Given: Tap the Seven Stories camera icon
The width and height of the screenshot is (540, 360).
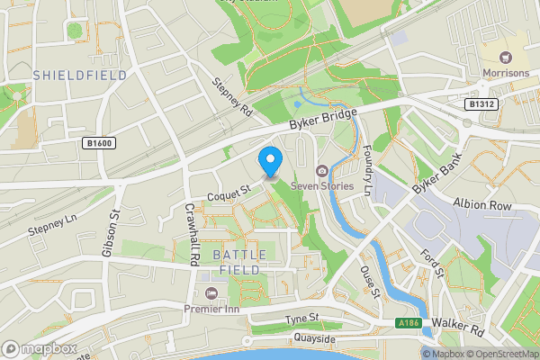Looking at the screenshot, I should [x=321, y=171].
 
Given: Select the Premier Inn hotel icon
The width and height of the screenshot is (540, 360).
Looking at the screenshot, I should [x=211, y=294].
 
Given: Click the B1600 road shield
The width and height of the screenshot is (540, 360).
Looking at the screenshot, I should [x=100, y=143].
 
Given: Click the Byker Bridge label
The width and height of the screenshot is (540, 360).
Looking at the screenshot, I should [x=324, y=121].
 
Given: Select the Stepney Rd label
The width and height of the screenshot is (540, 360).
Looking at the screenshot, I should [x=230, y=96].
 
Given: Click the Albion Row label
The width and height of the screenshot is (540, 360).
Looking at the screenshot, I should [x=482, y=204].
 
